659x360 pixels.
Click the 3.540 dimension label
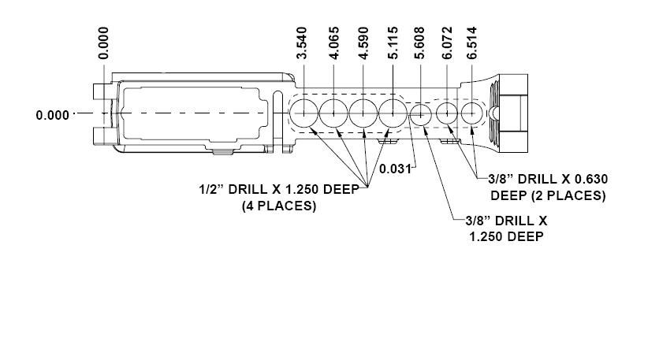(x=302, y=43)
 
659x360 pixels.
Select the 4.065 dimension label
(x=333, y=43)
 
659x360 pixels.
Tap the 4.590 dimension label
(x=363, y=43)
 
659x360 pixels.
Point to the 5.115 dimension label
(x=393, y=43)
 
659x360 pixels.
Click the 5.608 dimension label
(x=419, y=43)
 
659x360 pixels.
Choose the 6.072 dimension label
(x=448, y=43)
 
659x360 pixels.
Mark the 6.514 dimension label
(x=471, y=43)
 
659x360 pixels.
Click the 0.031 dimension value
(x=395, y=169)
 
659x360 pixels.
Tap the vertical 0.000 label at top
(x=103, y=43)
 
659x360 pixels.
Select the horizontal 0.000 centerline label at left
(x=53, y=115)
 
